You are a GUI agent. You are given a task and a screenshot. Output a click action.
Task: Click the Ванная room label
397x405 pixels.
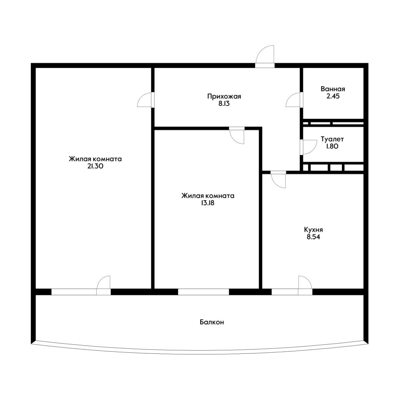point(333,89)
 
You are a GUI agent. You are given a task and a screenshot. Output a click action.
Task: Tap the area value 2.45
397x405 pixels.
point(333,96)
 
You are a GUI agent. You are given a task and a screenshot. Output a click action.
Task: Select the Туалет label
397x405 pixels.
point(332,139)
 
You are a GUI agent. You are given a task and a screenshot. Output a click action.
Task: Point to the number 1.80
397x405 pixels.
point(332,146)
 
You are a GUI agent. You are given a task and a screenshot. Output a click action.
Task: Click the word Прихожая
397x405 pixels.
point(224,97)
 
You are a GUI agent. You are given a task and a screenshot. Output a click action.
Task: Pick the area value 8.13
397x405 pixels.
point(224,103)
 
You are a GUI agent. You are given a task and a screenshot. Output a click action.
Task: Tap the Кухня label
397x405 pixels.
point(313,230)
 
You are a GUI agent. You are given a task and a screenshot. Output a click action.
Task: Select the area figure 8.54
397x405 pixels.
point(313,237)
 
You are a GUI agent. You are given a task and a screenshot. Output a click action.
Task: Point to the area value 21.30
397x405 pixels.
point(95,166)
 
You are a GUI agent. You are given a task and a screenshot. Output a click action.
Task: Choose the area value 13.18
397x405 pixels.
point(208,203)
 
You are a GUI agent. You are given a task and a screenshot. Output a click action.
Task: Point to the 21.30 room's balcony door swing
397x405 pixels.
point(104,282)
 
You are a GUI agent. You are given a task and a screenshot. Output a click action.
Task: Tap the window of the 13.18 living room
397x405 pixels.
point(203,292)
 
